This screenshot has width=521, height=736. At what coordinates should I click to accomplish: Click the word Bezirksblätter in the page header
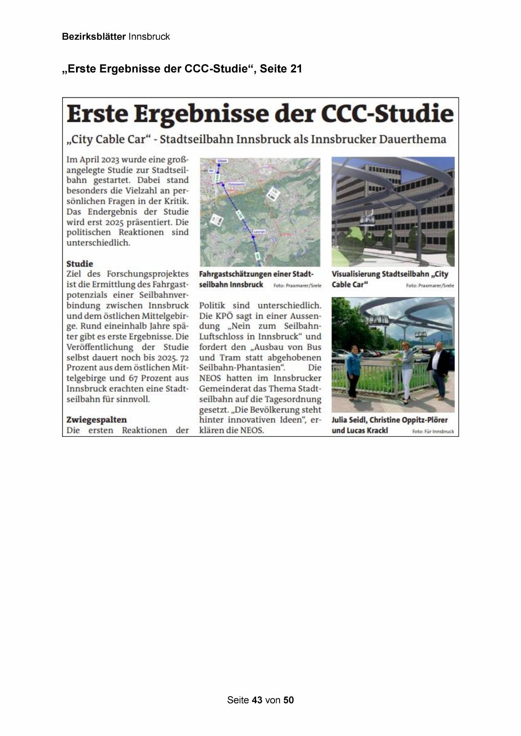(x=94, y=37)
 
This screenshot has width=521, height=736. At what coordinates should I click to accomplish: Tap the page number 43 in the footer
(x=257, y=700)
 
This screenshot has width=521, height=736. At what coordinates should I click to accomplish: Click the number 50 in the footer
(x=288, y=700)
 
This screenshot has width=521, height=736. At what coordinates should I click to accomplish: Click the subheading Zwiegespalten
(x=97, y=420)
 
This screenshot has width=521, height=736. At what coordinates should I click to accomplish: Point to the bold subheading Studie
(x=80, y=264)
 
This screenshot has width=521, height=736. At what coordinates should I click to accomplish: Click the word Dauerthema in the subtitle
(x=412, y=139)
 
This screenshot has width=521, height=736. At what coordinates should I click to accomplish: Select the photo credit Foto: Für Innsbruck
(x=433, y=431)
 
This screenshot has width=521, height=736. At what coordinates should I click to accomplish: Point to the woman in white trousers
(x=407, y=369)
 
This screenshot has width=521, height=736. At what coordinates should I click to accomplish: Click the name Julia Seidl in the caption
(x=348, y=420)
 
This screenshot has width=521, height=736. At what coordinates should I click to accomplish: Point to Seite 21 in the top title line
(x=281, y=69)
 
